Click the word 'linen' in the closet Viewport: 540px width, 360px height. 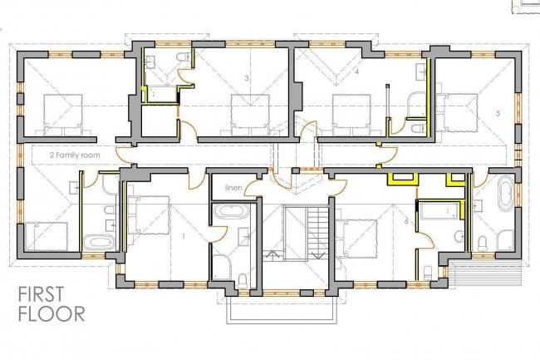click(233, 188)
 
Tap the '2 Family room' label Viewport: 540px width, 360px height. click(75, 155)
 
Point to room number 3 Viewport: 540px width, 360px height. click(247, 78)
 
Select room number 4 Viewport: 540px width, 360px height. click(357, 72)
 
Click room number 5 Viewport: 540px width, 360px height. click(498, 113)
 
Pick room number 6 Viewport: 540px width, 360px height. click(406, 221)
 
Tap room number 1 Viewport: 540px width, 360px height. click(184, 236)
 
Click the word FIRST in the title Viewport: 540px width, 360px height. click(41, 294)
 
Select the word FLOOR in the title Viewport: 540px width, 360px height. click(52, 313)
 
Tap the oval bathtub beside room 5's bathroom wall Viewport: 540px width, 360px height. click(505, 193)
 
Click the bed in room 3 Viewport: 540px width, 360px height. click(250, 115)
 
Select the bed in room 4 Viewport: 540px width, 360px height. click(352, 115)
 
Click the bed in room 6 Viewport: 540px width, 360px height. click(356, 239)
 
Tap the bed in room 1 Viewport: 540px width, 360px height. click(148, 215)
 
